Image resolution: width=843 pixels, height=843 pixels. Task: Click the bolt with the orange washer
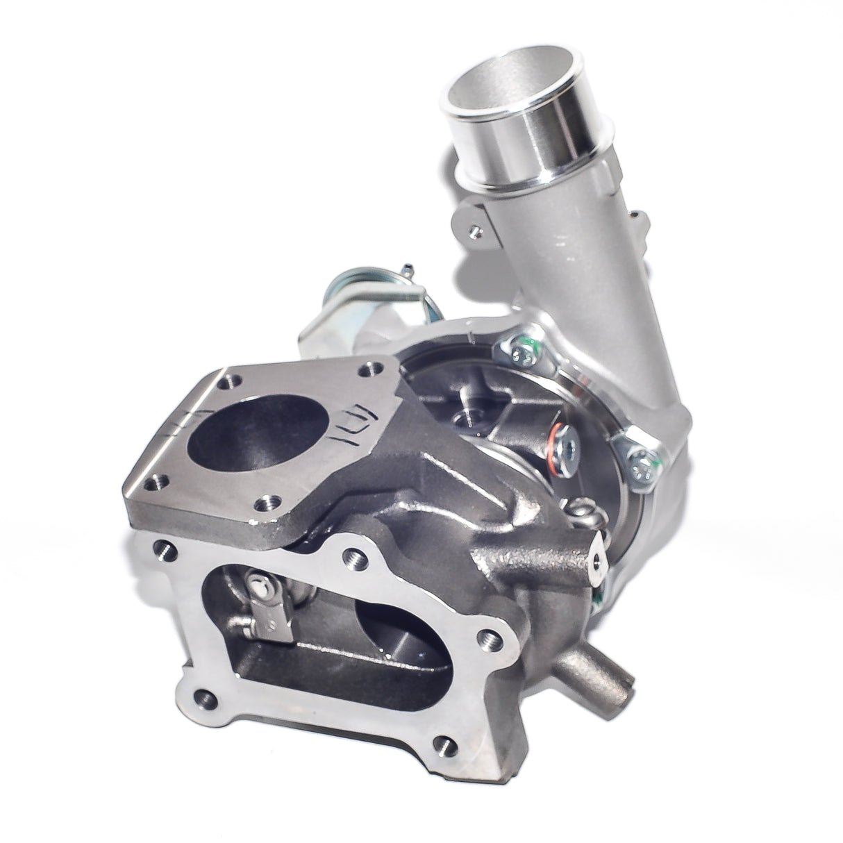[x=561, y=441]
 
